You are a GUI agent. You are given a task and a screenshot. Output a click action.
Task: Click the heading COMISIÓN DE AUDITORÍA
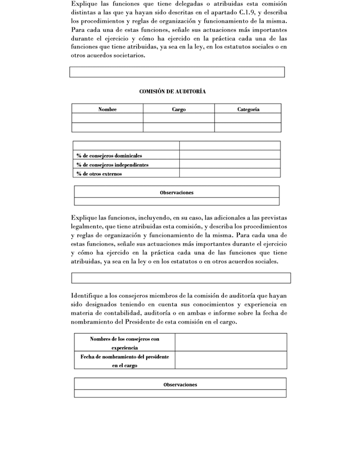[x=176, y=91]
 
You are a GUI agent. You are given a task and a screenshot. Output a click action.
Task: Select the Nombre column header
[x=107, y=109]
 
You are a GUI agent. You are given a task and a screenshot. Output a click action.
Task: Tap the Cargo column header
[x=179, y=109]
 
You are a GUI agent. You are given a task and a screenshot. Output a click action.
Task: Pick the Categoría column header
[x=248, y=109]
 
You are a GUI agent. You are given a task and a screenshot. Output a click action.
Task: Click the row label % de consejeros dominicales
[x=109, y=155]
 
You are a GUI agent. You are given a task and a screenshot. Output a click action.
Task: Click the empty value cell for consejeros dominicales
[x=230, y=155]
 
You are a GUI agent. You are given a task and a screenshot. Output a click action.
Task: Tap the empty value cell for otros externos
[x=230, y=174]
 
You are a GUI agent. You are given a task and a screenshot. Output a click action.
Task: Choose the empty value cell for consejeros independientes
[x=230, y=165]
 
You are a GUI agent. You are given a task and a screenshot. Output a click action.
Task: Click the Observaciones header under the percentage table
[x=176, y=192]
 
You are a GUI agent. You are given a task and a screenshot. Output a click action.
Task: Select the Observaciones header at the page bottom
[x=180, y=384]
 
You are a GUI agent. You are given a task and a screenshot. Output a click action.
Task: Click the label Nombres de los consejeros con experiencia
[x=124, y=343]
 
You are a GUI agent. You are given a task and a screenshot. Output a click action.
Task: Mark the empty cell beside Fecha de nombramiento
[x=231, y=361]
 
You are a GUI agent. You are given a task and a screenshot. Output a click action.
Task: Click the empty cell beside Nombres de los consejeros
[x=231, y=343]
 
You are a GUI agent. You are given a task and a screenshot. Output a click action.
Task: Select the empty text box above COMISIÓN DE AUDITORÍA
[x=177, y=72]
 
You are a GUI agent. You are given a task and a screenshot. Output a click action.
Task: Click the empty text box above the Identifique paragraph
[x=180, y=278]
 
